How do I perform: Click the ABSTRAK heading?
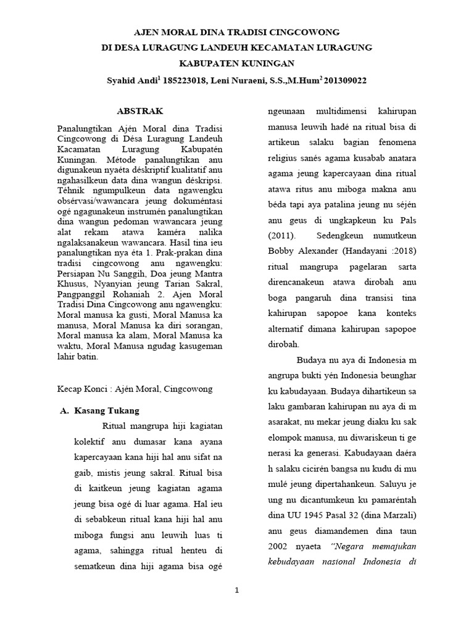coord(140,111)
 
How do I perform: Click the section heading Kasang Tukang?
coord(107,410)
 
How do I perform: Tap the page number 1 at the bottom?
coord(237,591)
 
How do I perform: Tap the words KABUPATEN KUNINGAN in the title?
coord(237,64)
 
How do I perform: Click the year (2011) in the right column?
coord(281,236)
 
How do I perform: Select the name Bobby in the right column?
coord(281,252)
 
